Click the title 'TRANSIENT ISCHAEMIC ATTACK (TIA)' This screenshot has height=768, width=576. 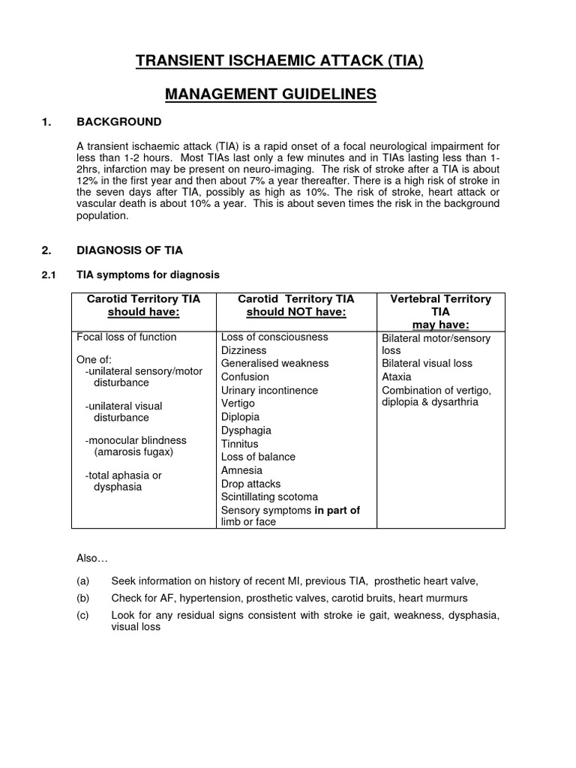[x=279, y=61]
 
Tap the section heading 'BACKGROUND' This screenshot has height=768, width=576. [x=118, y=121]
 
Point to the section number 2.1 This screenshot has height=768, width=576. [x=49, y=275]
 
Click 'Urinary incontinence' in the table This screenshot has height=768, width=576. [x=269, y=390]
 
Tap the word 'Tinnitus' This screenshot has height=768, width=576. [x=239, y=443]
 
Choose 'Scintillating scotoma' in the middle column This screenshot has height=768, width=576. [x=269, y=496]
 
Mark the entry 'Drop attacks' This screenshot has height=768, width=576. [x=251, y=483]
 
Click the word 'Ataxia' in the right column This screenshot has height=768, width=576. [x=397, y=376]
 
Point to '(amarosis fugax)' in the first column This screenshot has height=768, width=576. [x=133, y=452]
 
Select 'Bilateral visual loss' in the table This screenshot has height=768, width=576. [x=427, y=363]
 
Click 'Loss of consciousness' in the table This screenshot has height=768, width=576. [x=274, y=337]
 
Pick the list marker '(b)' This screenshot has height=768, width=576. [x=82, y=598]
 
